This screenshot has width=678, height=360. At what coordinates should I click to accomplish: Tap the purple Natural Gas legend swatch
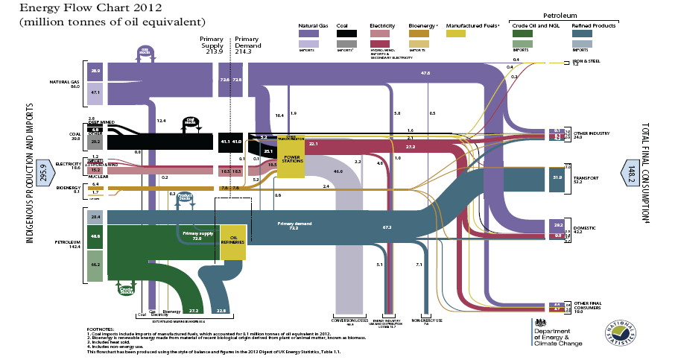tap(309, 33)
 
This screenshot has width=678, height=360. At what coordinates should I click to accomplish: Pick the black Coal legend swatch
tap(346, 33)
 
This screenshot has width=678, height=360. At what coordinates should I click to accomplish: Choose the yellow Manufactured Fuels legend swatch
tap(456, 33)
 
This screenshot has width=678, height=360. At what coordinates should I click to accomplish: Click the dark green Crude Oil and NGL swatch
tap(522, 33)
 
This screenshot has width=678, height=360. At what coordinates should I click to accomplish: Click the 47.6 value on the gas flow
tap(425, 73)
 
